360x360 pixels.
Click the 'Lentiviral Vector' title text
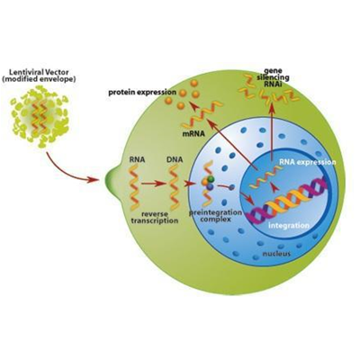tap(39, 72)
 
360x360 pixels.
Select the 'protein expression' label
tap(142, 92)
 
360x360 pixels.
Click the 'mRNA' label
tap(193, 134)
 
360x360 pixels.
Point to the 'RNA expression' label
tap(308, 162)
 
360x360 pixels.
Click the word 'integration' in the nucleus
tap(288, 225)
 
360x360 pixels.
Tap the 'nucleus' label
tap(276, 254)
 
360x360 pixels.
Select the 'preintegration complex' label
tap(215, 216)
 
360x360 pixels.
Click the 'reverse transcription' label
tap(159, 217)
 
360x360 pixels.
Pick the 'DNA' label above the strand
tap(175, 159)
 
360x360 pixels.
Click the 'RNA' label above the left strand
tap(137, 159)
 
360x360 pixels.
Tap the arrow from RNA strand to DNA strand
tap(153, 184)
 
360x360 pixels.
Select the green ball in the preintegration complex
tap(211, 179)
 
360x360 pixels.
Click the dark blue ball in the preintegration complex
tap(210, 186)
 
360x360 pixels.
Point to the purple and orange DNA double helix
tap(287, 201)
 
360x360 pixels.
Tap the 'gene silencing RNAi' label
tap(273, 76)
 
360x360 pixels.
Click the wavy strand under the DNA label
tap(174, 186)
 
